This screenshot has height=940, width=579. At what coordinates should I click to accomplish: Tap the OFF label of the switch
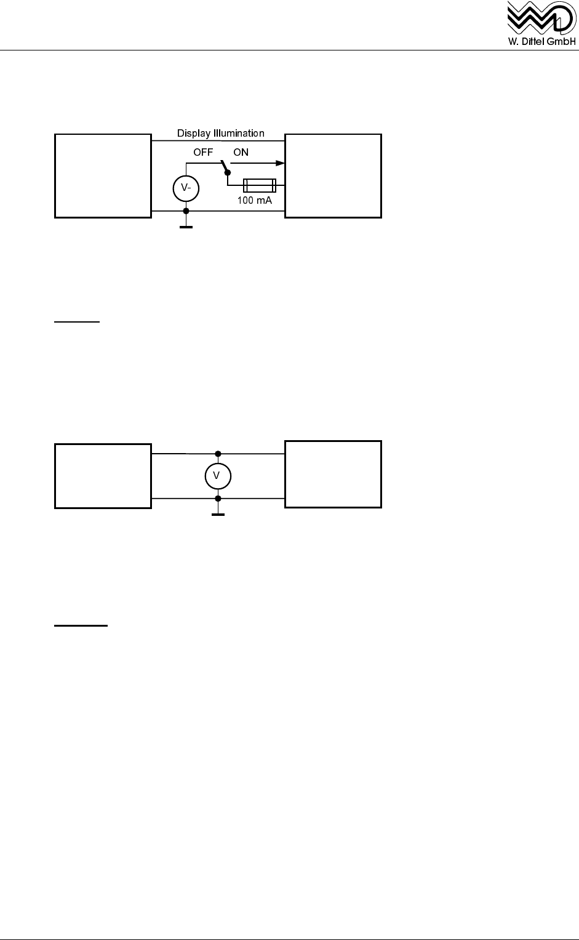203,152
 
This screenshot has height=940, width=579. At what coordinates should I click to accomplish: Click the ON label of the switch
241,152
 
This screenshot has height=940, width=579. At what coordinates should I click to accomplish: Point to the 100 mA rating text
255,200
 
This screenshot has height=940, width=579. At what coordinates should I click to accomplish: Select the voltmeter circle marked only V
217,475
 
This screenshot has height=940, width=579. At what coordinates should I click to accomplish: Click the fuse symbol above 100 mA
260,183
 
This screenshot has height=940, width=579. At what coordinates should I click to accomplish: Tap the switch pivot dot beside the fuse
227,173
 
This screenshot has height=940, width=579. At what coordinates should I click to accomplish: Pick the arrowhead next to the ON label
280,163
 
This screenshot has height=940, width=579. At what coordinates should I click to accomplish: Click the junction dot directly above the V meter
217,454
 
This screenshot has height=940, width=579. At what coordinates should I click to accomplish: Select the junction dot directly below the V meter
217,498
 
